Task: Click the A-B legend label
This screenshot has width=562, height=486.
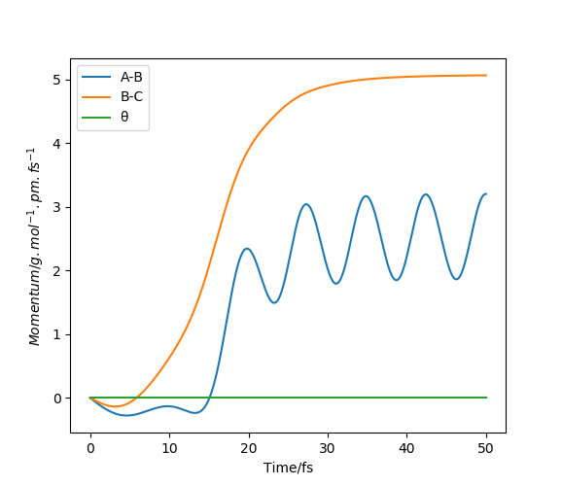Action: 131,77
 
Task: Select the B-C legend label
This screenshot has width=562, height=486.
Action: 131,96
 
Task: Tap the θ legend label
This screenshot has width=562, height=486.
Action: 124,117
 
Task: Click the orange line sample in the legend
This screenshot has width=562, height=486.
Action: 96,97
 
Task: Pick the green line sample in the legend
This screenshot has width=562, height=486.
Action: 96,117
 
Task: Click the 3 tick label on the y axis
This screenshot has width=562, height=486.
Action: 56,207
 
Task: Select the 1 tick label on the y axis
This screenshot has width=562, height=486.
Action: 56,334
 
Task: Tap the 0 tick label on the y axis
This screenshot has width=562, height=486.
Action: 56,399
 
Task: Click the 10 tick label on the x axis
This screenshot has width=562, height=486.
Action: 169,448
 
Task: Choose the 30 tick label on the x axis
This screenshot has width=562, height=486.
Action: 328,448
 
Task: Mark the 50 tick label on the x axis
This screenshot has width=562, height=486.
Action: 485,448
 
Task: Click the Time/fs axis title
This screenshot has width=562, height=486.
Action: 288,468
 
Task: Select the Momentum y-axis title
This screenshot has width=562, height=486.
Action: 34,247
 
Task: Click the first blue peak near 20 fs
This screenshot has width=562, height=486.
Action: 247,249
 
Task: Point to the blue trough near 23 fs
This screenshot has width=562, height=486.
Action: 274,303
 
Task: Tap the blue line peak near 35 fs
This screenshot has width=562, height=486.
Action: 367,196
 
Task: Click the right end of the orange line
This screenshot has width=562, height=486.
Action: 486,75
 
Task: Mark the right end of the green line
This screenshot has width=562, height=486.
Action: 486,398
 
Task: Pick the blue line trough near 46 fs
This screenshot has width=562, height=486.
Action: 456,279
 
